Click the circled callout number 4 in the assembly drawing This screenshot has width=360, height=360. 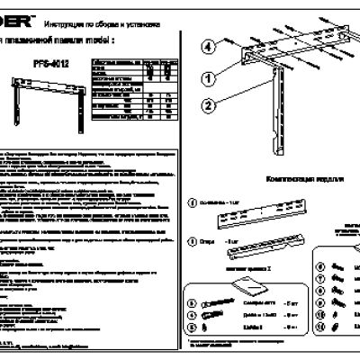(206, 45)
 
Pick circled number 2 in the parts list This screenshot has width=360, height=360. (192, 241)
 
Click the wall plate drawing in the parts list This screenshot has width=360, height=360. (256, 219)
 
